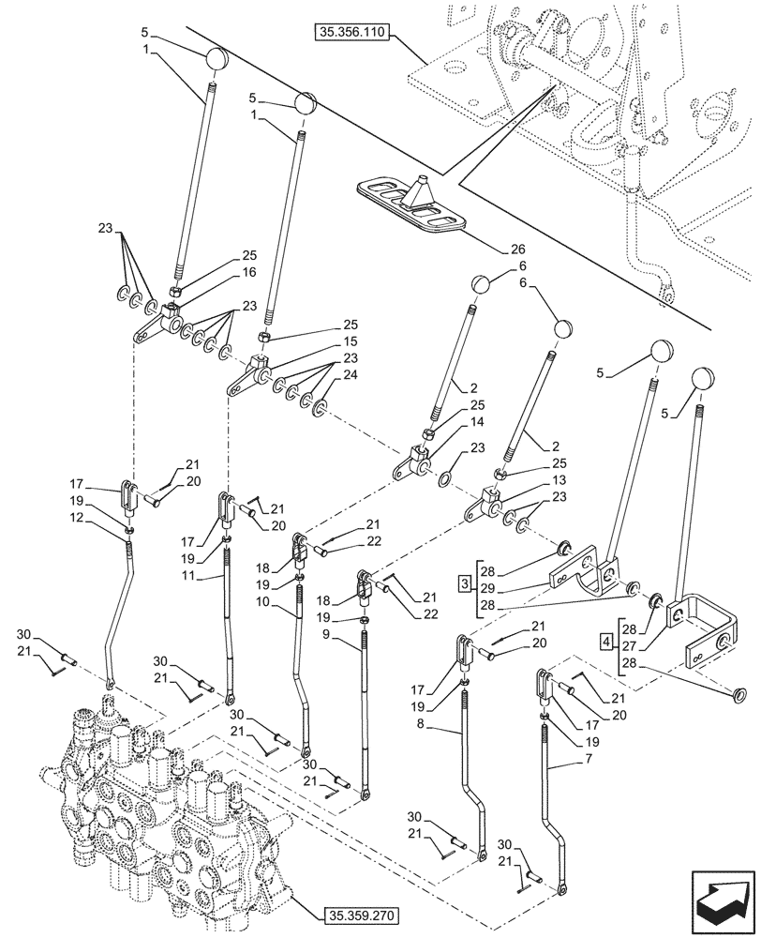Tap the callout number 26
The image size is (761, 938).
(517, 250)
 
